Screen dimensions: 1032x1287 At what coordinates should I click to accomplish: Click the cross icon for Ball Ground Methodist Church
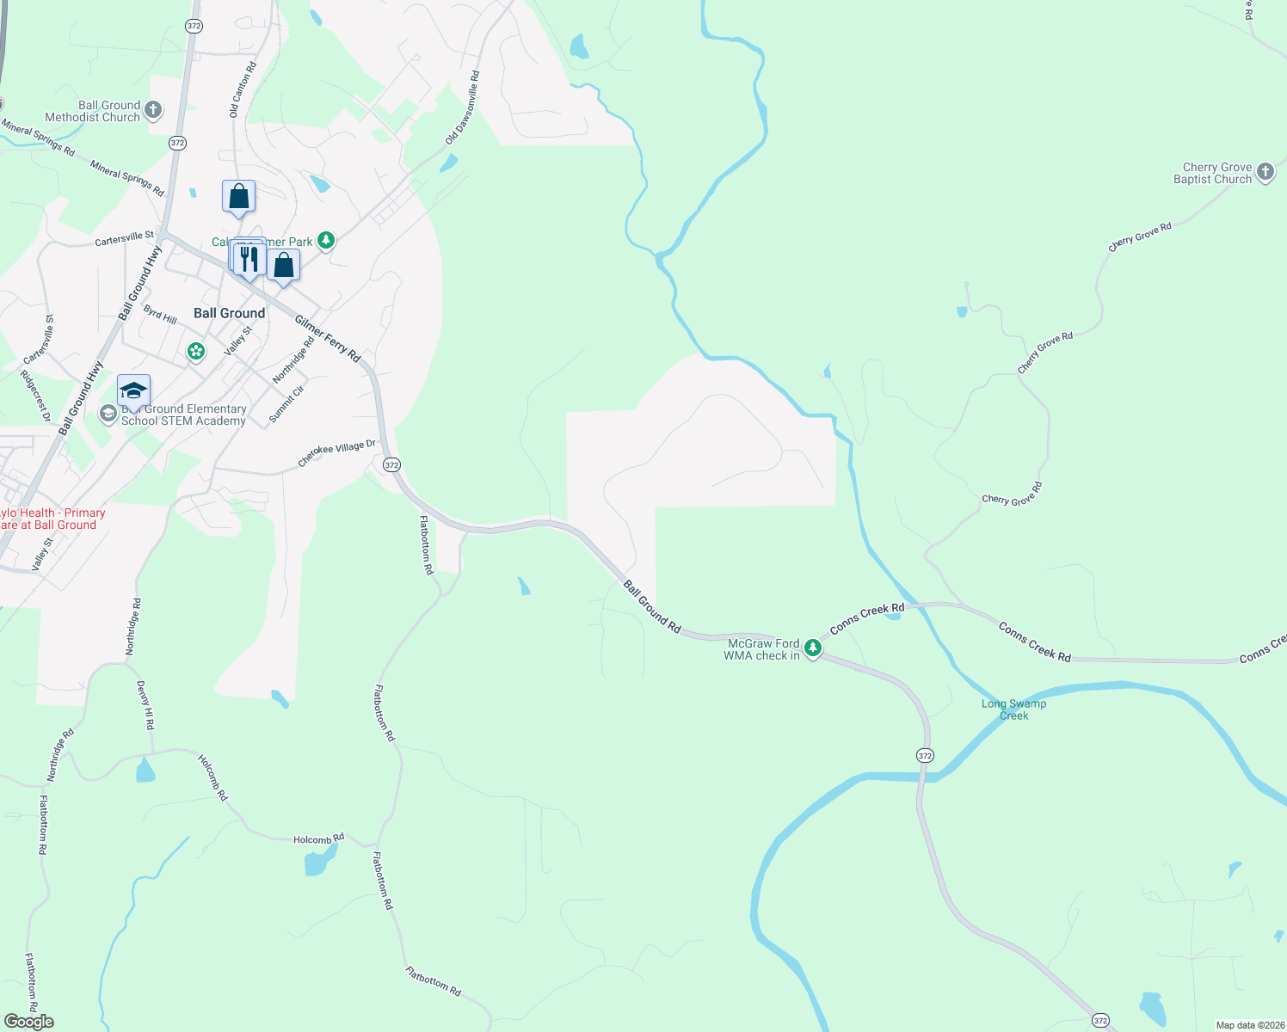click(153, 109)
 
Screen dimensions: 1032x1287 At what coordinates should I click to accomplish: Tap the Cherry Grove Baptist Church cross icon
click(1265, 172)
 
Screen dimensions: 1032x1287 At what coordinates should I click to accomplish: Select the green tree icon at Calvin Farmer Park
click(325, 240)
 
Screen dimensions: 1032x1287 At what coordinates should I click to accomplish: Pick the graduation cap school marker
click(133, 391)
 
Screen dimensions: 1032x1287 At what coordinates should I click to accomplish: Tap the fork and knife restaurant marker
click(249, 259)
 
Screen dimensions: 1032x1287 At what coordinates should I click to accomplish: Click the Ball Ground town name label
click(229, 313)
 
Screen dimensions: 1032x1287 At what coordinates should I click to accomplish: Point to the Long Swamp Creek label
click(1013, 709)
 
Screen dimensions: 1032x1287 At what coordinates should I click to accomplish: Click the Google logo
click(28, 1022)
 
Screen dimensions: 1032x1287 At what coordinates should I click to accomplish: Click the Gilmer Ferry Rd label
click(328, 338)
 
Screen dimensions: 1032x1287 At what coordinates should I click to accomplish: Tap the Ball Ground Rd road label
click(652, 607)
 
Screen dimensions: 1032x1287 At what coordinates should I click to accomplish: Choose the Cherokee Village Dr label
click(337, 453)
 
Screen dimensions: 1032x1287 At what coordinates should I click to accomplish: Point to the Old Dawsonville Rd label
click(463, 107)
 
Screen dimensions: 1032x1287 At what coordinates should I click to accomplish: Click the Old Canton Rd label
click(243, 89)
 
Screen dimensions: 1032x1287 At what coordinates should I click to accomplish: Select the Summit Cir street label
click(286, 403)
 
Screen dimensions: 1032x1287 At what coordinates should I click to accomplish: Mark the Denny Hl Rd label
click(145, 705)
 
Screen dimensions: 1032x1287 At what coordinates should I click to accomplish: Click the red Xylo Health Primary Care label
click(52, 519)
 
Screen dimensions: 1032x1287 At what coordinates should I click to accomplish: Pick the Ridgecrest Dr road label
click(36, 396)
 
